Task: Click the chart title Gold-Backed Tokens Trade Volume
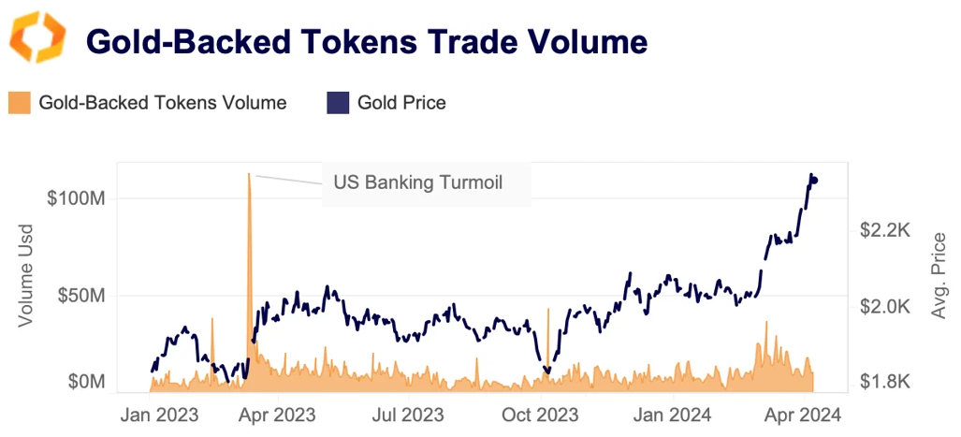(x=366, y=42)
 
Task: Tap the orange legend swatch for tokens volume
(x=20, y=103)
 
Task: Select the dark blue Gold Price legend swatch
(x=338, y=103)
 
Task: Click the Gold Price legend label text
(x=401, y=103)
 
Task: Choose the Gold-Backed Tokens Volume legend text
(x=163, y=103)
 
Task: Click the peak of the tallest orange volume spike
(x=249, y=174)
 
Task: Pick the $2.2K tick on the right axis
(x=884, y=230)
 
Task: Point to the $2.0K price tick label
(x=884, y=307)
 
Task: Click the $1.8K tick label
(x=884, y=382)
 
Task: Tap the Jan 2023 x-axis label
(x=160, y=415)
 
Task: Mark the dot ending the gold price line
(x=814, y=180)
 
